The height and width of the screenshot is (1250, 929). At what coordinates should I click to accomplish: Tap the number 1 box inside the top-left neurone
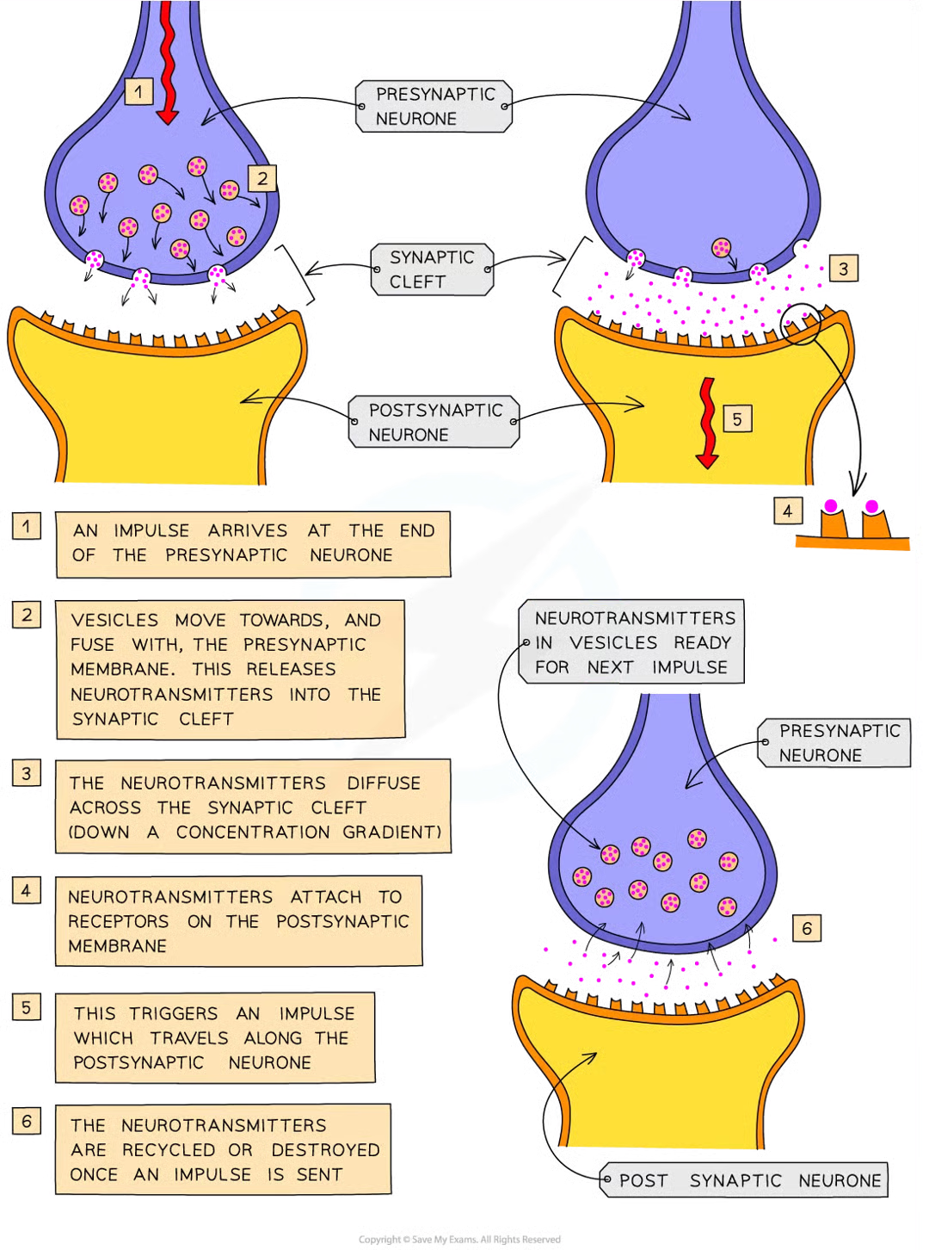[139, 91]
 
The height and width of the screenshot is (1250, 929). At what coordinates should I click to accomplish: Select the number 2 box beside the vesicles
[262, 179]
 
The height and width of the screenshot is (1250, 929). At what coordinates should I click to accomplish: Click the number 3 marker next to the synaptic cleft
[843, 269]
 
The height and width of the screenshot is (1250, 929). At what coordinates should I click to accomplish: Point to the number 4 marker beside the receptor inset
[787, 511]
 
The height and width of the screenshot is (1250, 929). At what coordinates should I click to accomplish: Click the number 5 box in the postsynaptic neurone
[737, 419]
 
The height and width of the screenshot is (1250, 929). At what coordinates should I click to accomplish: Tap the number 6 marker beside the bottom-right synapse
[806, 928]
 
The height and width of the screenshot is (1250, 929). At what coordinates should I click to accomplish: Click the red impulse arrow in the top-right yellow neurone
[706, 423]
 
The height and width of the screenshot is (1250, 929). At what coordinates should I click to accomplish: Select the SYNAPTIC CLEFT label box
[432, 269]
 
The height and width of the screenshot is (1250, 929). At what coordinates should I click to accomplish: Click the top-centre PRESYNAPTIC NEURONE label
[434, 107]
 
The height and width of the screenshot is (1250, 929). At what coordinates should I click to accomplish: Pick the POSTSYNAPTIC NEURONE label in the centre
[434, 422]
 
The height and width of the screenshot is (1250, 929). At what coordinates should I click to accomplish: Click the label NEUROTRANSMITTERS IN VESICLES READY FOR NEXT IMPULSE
[633, 642]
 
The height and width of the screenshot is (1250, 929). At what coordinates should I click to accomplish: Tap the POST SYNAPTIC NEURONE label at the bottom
[749, 1180]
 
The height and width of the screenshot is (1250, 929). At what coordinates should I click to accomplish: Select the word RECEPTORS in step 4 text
[119, 921]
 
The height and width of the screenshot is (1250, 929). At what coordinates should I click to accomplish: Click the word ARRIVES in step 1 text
[248, 530]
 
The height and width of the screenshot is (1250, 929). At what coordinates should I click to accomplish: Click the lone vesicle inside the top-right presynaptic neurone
[722, 249]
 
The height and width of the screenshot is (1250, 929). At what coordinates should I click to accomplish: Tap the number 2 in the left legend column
[27, 615]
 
